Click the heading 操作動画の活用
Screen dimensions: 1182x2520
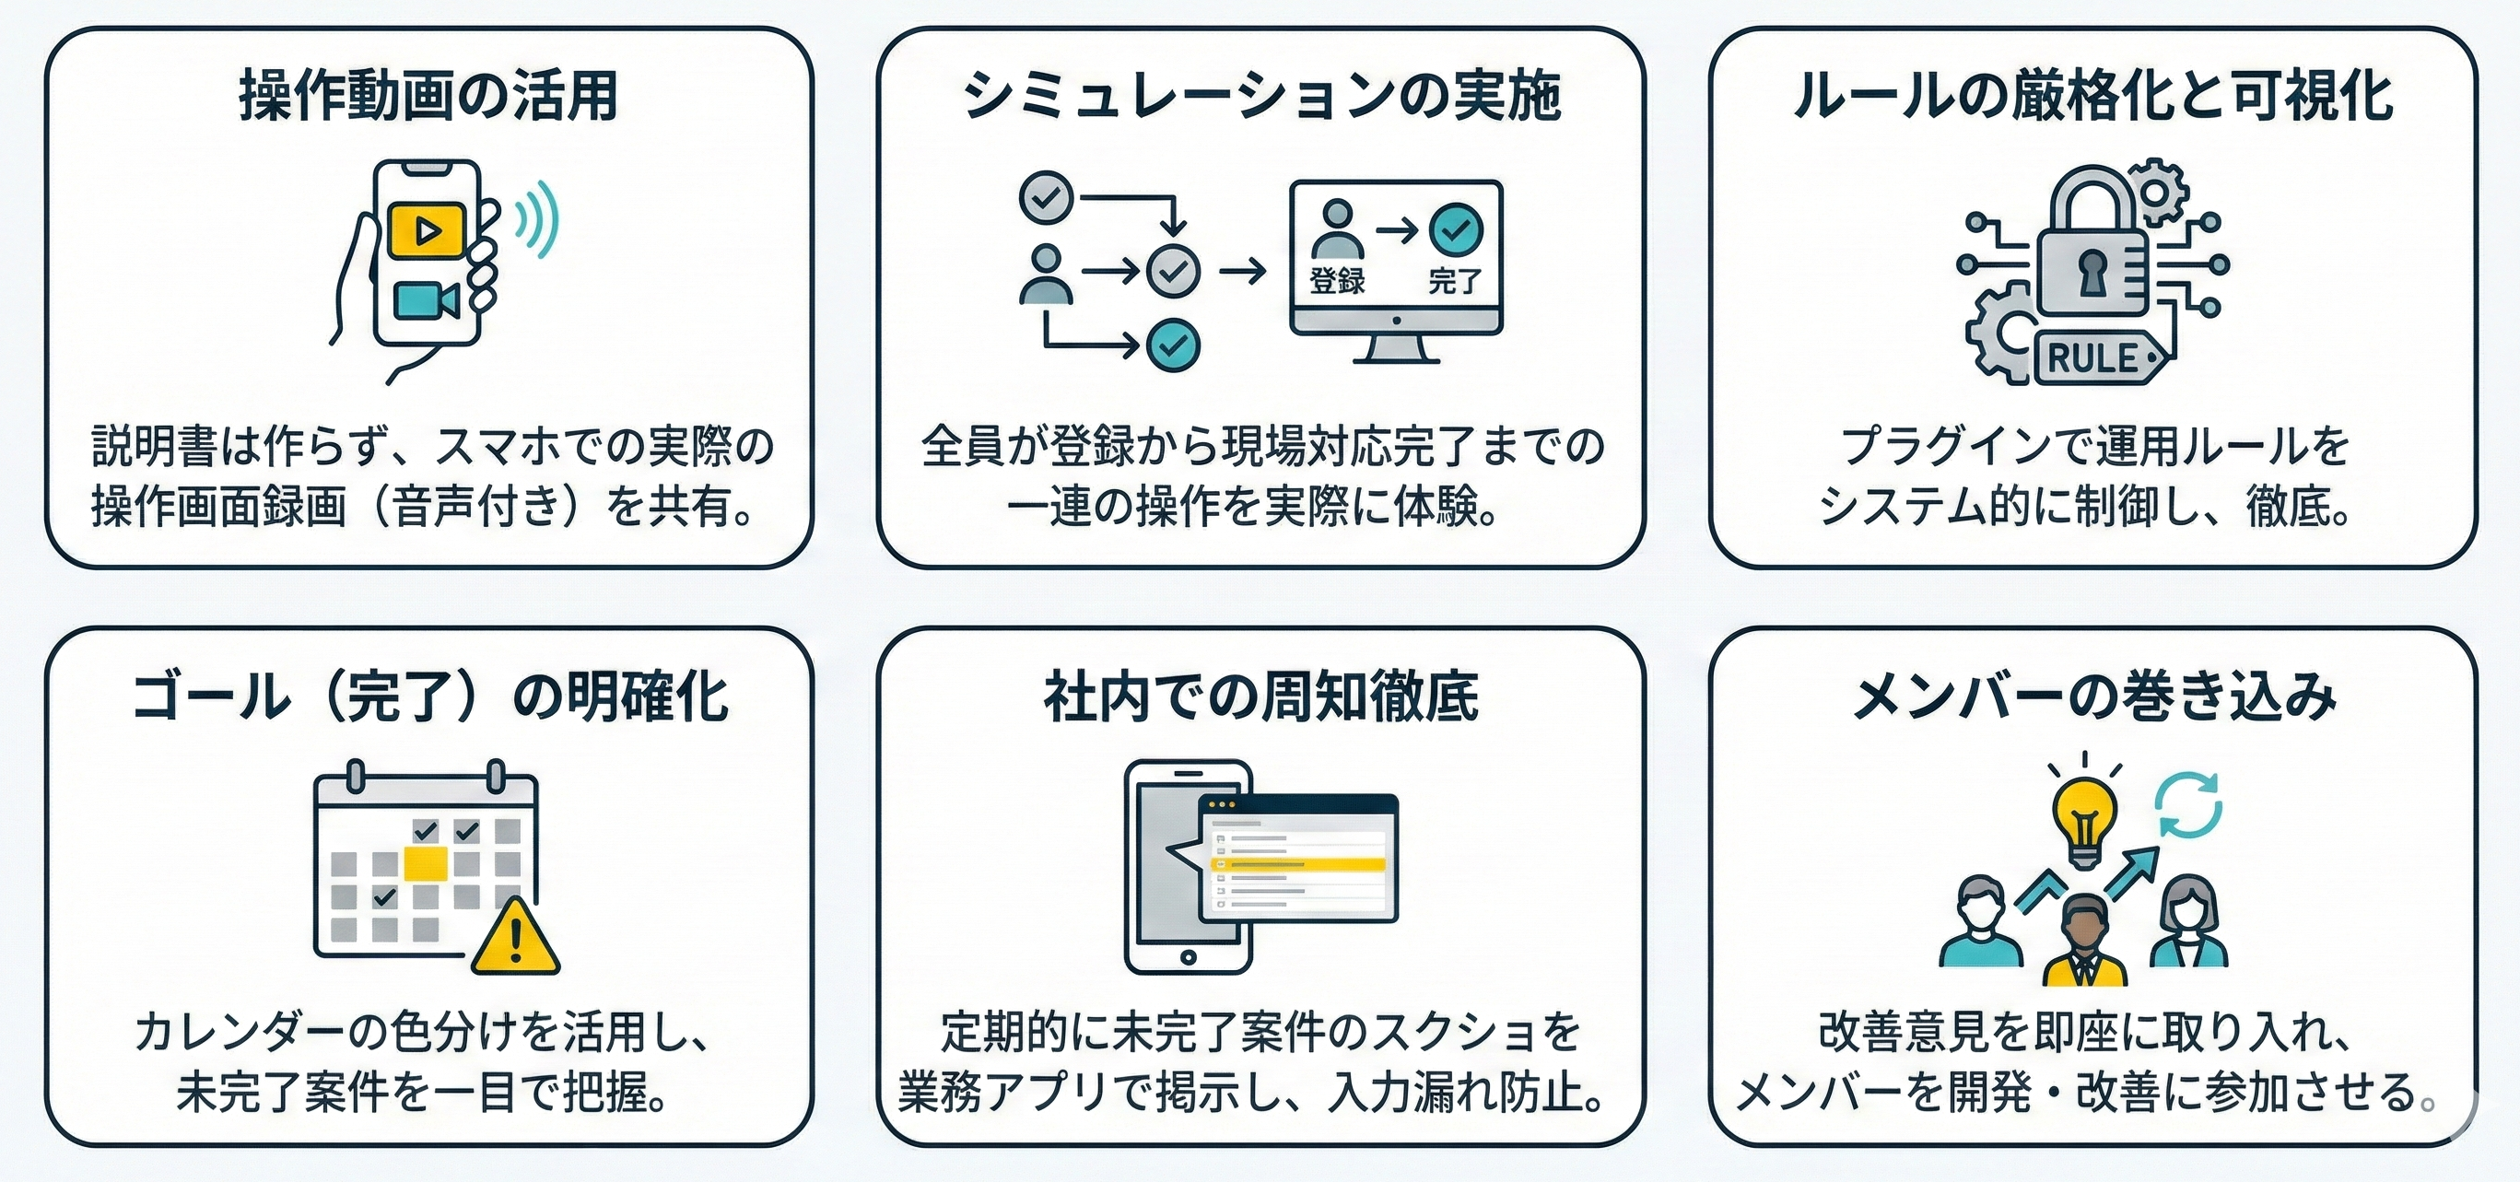(x=428, y=96)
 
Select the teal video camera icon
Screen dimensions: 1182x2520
(x=426, y=301)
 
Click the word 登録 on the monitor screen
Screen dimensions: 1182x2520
(x=1336, y=282)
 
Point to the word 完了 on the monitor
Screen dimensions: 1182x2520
(x=1455, y=282)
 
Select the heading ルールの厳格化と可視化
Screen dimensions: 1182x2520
(x=2092, y=96)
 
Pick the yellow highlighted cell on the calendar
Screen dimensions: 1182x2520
(x=426, y=863)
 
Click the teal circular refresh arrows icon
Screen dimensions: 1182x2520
(x=2189, y=805)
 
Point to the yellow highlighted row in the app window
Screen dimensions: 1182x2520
(x=1299, y=865)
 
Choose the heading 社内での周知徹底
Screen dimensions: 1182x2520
(x=1260, y=696)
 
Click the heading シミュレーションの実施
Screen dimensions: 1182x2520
(x=1260, y=96)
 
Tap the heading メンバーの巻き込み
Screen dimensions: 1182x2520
(x=2093, y=696)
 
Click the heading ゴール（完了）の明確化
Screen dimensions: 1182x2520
(x=428, y=696)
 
